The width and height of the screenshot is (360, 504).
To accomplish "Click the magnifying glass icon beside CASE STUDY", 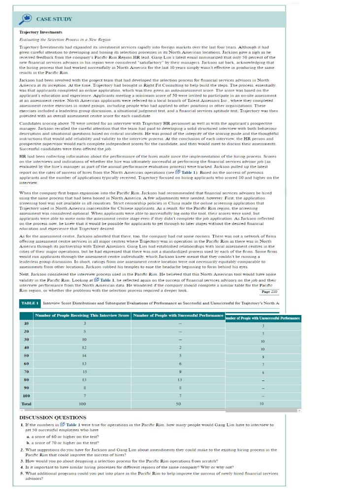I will pos(26,18).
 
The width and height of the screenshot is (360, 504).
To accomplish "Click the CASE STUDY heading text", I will pos(54,19).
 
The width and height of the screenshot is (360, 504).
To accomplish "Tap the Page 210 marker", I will pos(269,292).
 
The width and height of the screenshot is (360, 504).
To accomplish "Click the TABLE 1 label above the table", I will pos(30,303).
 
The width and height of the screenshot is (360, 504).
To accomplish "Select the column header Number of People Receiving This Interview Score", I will pos(82,315).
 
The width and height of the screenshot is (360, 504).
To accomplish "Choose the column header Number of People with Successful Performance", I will pos(179,315).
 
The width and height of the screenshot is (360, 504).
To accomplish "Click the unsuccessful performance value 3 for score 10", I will pos(263,326).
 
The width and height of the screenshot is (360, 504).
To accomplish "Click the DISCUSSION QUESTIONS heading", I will pos(56,417).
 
